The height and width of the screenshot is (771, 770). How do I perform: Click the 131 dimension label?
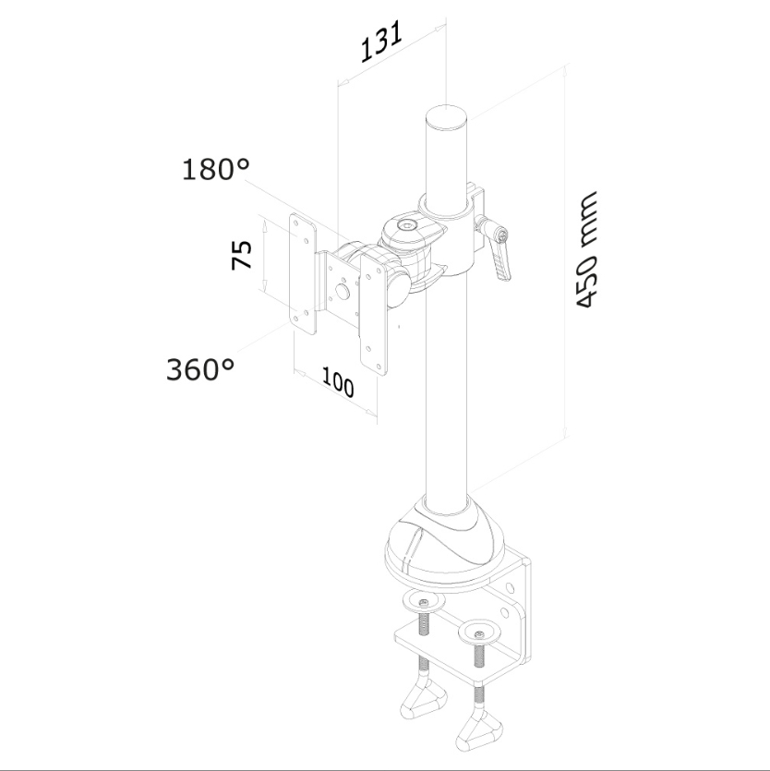(x=381, y=41)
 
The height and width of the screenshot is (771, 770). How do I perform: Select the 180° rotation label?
(x=216, y=169)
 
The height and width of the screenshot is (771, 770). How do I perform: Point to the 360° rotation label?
(x=200, y=369)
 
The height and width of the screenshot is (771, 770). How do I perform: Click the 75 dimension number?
(x=241, y=254)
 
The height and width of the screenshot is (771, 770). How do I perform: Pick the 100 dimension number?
(x=338, y=382)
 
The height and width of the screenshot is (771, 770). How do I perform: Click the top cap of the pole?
(x=446, y=117)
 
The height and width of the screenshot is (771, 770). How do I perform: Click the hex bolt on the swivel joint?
(x=406, y=225)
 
